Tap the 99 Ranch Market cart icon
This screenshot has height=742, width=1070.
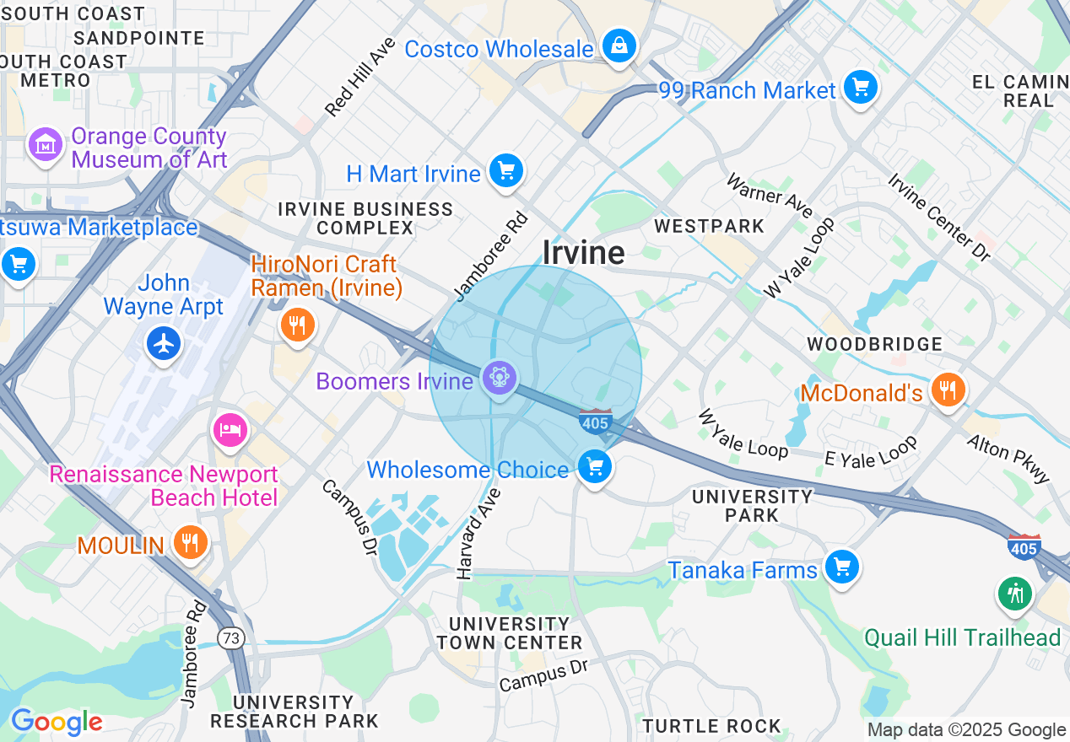tap(860, 88)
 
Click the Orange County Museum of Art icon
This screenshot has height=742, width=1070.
tap(45, 146)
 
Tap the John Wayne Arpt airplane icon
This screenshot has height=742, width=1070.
tap(163, 343)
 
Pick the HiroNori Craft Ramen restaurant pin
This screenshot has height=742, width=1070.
tap(296, 324)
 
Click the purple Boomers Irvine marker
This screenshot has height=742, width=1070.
tap(500, 379)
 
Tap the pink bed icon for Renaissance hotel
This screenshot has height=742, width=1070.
tap(230, 430)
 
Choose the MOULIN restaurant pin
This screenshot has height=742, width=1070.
tap(190, 542)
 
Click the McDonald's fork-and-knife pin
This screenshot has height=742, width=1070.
tap(948, 390)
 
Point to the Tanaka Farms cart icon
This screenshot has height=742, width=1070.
tap(841, 567)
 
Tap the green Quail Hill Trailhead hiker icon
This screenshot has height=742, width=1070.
tap(1015, 594)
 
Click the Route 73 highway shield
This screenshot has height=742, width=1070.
tap(230, 638)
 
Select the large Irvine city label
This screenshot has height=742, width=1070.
tap(584, 252)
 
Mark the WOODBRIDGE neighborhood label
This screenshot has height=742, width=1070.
tap(874, 344)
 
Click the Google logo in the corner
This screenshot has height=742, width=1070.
tap(56, 722)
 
